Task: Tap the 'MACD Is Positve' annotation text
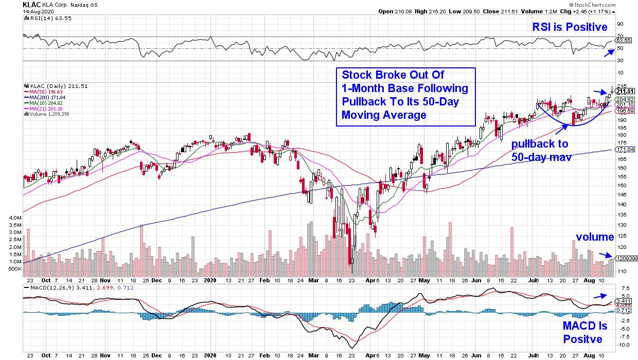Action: (585, 333)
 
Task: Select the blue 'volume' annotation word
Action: (594, 237)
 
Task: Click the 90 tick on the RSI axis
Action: (620, 24)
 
